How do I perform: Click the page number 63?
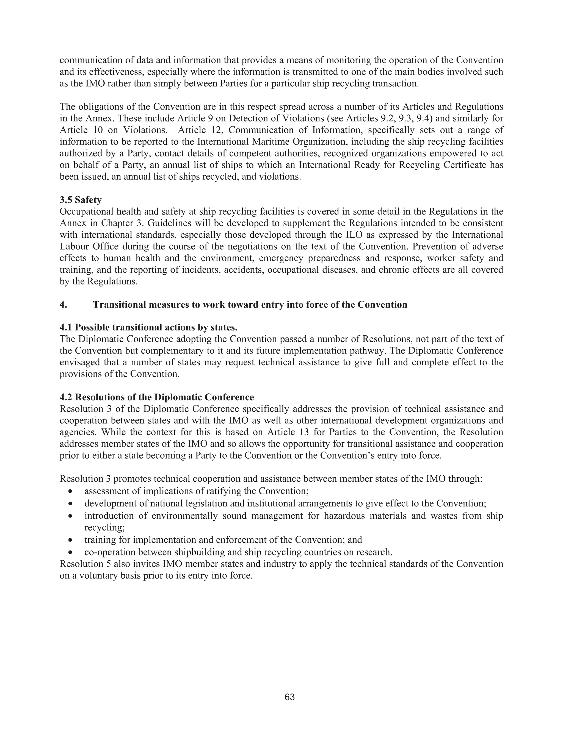point(289,697)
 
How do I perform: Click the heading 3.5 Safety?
point(80,200)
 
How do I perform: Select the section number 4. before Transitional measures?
point(64,305)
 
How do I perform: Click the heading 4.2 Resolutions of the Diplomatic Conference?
point(157,397)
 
